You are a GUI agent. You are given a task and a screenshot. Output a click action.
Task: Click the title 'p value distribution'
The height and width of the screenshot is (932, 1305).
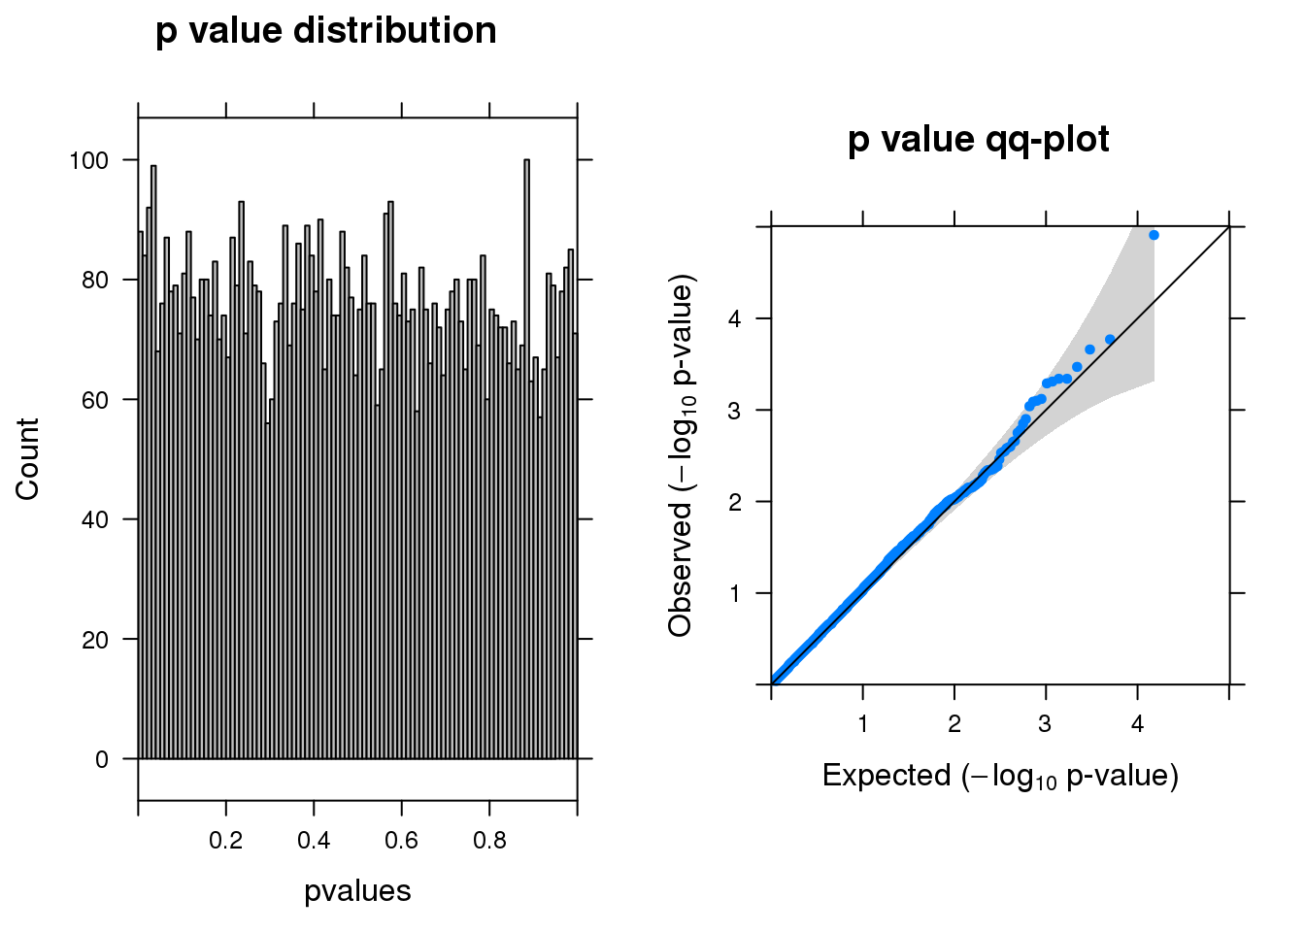point(326,31)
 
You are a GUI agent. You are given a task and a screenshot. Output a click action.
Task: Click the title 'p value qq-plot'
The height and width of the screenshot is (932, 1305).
point(978,140)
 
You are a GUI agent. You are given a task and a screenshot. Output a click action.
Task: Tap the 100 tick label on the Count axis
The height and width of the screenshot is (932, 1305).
point(88,160)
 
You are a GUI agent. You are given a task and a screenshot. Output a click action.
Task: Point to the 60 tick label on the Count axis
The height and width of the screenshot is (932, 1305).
point(94,400)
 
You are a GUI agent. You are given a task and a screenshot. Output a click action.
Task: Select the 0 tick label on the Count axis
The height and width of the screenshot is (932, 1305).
point(102,760)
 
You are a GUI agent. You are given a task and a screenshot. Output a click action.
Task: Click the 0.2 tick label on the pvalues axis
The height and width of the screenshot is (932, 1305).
point(226,840)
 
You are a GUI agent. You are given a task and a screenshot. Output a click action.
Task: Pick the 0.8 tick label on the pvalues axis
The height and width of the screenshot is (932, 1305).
point(489,840)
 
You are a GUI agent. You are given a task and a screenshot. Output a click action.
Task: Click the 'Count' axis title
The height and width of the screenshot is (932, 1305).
point(27,459)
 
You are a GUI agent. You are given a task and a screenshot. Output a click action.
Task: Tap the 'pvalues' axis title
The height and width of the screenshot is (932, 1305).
point(357,890)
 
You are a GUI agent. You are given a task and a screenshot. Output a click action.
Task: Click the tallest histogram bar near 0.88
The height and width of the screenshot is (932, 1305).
point(526,456)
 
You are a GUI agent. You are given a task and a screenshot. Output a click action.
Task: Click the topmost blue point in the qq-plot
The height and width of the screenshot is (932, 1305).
point(1154,235)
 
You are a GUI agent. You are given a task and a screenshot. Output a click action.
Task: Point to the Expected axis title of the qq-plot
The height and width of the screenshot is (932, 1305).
point(1000,776)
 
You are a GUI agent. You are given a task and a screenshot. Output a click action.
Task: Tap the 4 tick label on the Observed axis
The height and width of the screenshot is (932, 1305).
point(736,318)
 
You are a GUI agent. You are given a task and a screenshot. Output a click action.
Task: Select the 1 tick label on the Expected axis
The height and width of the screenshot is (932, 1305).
point(862,723)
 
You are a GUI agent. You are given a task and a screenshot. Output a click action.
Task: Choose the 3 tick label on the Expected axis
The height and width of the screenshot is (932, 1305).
point(1045,723)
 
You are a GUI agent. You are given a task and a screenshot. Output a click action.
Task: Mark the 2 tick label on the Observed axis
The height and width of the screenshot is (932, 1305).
point(736,502)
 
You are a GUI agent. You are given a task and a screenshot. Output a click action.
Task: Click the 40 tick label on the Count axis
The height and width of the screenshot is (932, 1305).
point(94,520)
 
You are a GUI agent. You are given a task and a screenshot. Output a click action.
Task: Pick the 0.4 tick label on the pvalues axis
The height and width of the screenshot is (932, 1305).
point(314,840)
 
